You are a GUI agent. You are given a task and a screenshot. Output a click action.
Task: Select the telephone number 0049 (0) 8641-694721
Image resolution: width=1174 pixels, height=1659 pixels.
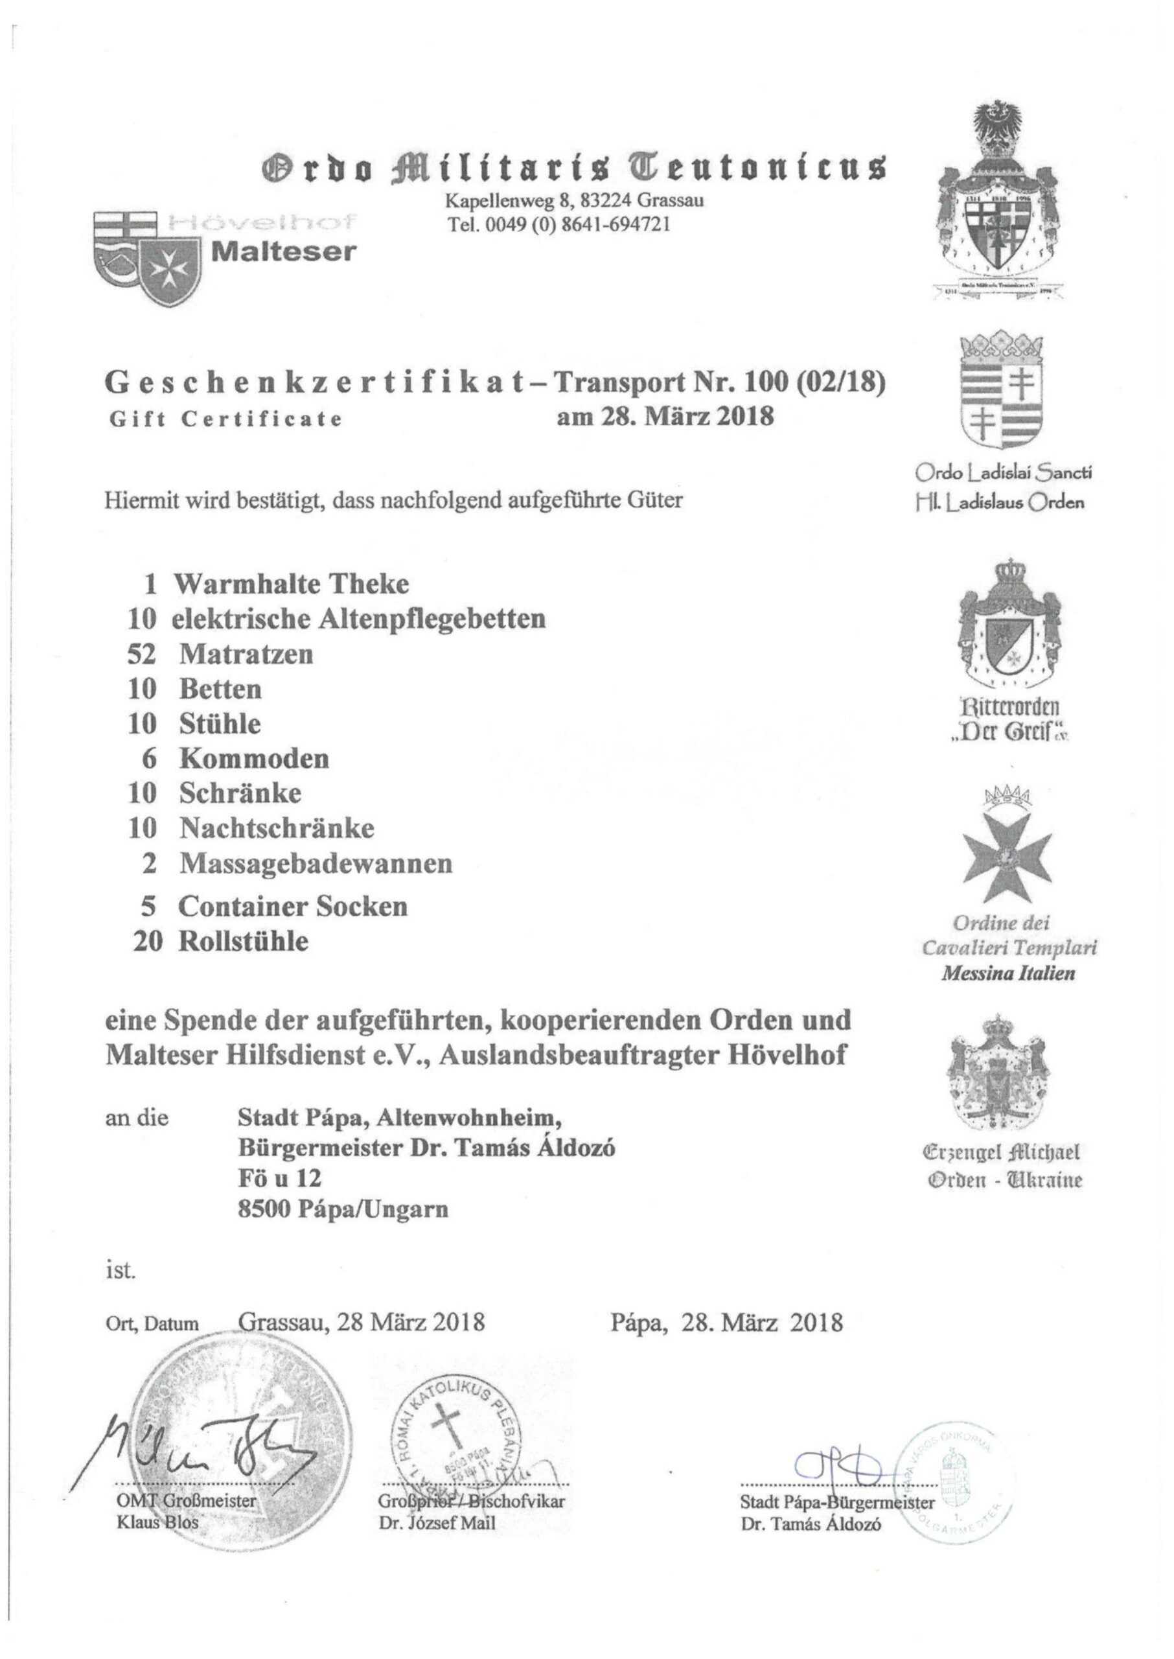click(560, 224)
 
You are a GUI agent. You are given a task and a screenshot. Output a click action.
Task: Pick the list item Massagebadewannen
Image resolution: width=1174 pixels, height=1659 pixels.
click(316, 864)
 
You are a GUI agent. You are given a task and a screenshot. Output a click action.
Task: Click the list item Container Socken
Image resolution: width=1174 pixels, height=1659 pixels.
click(293, 906)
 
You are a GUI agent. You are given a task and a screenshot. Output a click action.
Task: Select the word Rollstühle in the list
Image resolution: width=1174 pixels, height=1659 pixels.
click(244, 941)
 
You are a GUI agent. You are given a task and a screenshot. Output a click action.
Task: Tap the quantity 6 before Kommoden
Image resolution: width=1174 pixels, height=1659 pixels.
click(150, 758)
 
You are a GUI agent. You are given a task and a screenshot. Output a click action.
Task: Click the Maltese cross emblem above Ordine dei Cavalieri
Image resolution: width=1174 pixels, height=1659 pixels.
click(1005, 853)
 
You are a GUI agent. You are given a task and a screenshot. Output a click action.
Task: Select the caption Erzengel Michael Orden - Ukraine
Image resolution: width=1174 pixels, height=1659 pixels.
click(1006, 1166)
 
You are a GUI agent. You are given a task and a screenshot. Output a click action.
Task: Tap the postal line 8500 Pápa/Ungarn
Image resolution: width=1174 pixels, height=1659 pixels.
click(343, 1209)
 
